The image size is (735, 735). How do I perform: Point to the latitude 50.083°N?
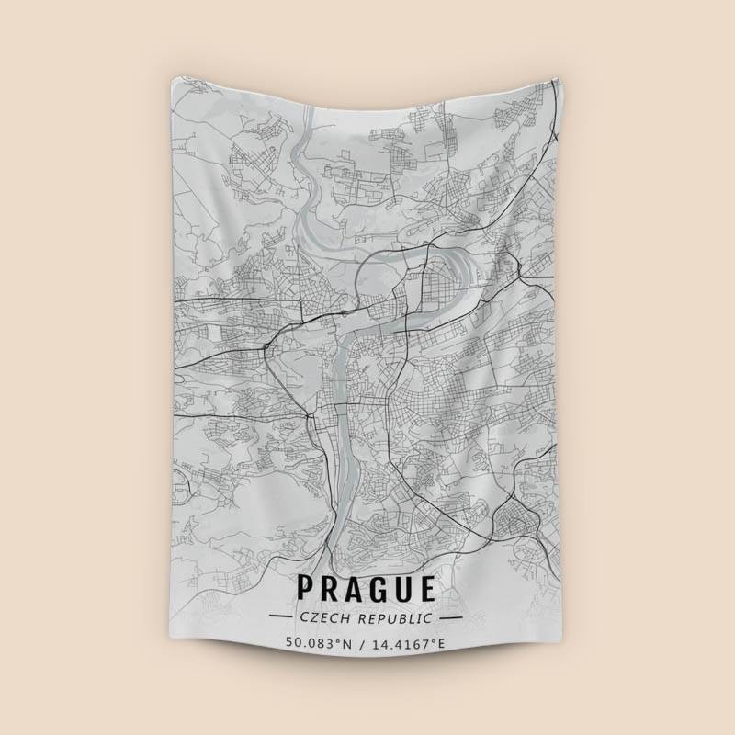tap(318, 643)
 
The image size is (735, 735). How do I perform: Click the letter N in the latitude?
tap(347, 643)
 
